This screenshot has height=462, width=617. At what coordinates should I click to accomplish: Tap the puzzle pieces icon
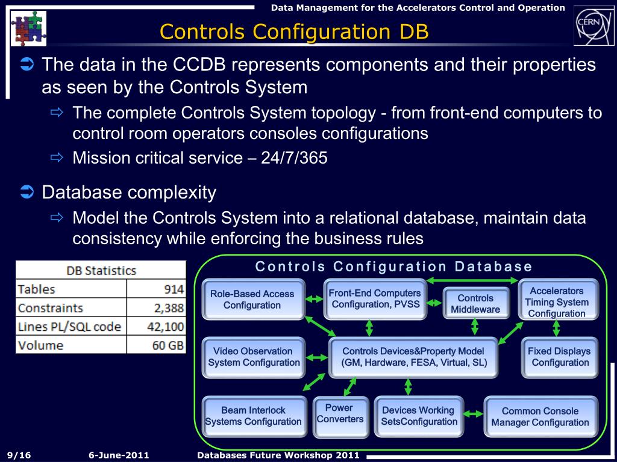(x=28, y=28)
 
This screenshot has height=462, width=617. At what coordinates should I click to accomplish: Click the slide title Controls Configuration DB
(x=295, y=31)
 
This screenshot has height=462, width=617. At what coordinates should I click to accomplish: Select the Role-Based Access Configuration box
(x=252, y=300)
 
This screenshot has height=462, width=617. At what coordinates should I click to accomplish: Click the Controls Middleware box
(x=475, y=303)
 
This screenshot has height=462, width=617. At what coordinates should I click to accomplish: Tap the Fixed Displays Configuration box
(x=559, y=357)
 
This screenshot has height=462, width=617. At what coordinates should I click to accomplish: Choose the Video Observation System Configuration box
(x=254, y=357)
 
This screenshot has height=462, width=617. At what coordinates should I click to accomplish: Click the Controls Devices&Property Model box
(x=413, y=357)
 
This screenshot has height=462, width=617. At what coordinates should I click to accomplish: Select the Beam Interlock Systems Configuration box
(x=253, y=416)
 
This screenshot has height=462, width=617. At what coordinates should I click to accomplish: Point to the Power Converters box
(x=340, y=413)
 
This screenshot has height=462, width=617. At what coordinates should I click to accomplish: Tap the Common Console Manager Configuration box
(x=540, y=416)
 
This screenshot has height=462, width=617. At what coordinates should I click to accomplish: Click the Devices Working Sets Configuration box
(x=419, y=416)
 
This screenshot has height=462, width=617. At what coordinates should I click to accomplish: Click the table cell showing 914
(x=157, y=289)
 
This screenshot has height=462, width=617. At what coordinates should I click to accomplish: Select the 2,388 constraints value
(x=157, y=308)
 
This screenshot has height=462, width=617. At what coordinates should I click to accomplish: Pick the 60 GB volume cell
(x=157, y=345)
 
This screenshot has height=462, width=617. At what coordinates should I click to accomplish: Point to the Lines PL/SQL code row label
(x=70, y=327)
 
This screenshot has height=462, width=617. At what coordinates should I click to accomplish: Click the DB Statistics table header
(x=101, y=271)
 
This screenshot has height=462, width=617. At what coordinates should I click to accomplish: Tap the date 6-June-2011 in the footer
(x=119, y=455)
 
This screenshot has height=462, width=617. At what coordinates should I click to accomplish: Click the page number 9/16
(x=19, y=455)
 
